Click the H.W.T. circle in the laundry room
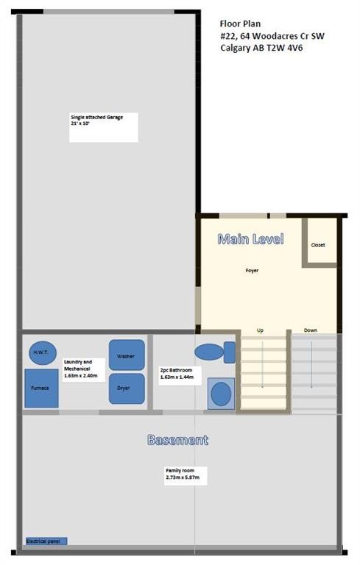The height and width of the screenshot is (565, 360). [43, 353]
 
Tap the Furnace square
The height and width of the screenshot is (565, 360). [41, 388]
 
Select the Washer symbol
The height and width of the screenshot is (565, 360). [127, 355]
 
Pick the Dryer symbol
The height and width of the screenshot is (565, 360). [127, 388]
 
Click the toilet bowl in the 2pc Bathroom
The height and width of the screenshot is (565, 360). [209, 352]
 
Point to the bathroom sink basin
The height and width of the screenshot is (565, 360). [221, 394]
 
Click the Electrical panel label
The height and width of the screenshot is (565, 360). [46, 541]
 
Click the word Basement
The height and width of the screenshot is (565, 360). [178, 440]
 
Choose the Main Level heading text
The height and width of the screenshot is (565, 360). [251, 239]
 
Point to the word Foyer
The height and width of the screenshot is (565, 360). [252, 270]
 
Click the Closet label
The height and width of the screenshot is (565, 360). [318, 245]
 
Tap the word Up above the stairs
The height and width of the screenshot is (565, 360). [260, 330]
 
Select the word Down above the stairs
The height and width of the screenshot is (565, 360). [311, 330]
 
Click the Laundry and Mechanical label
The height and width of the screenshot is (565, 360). [80, 369]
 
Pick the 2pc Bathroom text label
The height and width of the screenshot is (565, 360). [177, 373]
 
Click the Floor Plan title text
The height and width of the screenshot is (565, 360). [240, 24]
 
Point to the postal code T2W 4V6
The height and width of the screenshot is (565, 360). [285, 48]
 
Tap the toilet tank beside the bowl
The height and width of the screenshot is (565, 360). [230, 352]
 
